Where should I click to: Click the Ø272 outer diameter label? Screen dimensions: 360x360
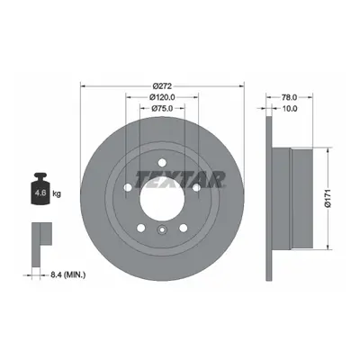pyautogui.click(x=162, y=86)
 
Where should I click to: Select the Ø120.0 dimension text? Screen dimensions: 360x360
pyautogui.click(x=162, y=97)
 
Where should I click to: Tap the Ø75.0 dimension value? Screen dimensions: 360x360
pyautogui.click(x=162, y=108)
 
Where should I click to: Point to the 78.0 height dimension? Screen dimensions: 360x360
pyautogui.click(x=289, y=97)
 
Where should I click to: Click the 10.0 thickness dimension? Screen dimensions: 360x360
pyautogui.click(x=289, y=108)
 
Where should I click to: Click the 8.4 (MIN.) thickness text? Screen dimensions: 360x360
pyautogui.click(x=67, y=274)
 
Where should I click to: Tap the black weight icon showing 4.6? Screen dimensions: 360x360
pyautogui.click(x=40, y=189)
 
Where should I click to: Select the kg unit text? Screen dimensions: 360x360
pyautogui.click(x=57, y=193)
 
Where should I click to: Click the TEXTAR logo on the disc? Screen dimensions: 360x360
pyautogui.click(x=180, y=179)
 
